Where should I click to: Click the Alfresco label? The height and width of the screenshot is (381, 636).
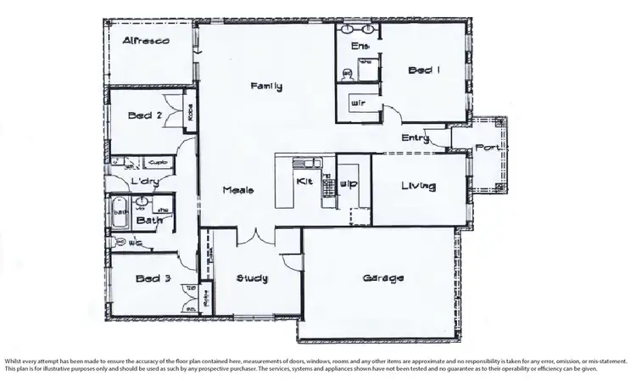tap(148, 40)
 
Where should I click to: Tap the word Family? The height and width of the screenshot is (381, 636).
tap(266, 87)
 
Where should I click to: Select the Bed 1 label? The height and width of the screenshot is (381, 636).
tap(423, 70)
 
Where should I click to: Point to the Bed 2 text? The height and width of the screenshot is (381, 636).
tap(144, 115)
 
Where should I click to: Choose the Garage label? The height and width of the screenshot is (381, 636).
tap(382, 277)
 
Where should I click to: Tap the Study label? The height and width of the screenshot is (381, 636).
tap(254, 277)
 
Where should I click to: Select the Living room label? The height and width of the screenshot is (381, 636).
tap(418, 186)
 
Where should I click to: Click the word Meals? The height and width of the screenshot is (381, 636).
tap(238, 190)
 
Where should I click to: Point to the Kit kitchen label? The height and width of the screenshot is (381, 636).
tap(304, 181)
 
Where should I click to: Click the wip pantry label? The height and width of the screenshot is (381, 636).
tap(348, 182)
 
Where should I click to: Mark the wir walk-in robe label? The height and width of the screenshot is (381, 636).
tap(358, 104)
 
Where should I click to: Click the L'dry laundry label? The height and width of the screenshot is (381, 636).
tap(140, 182)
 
